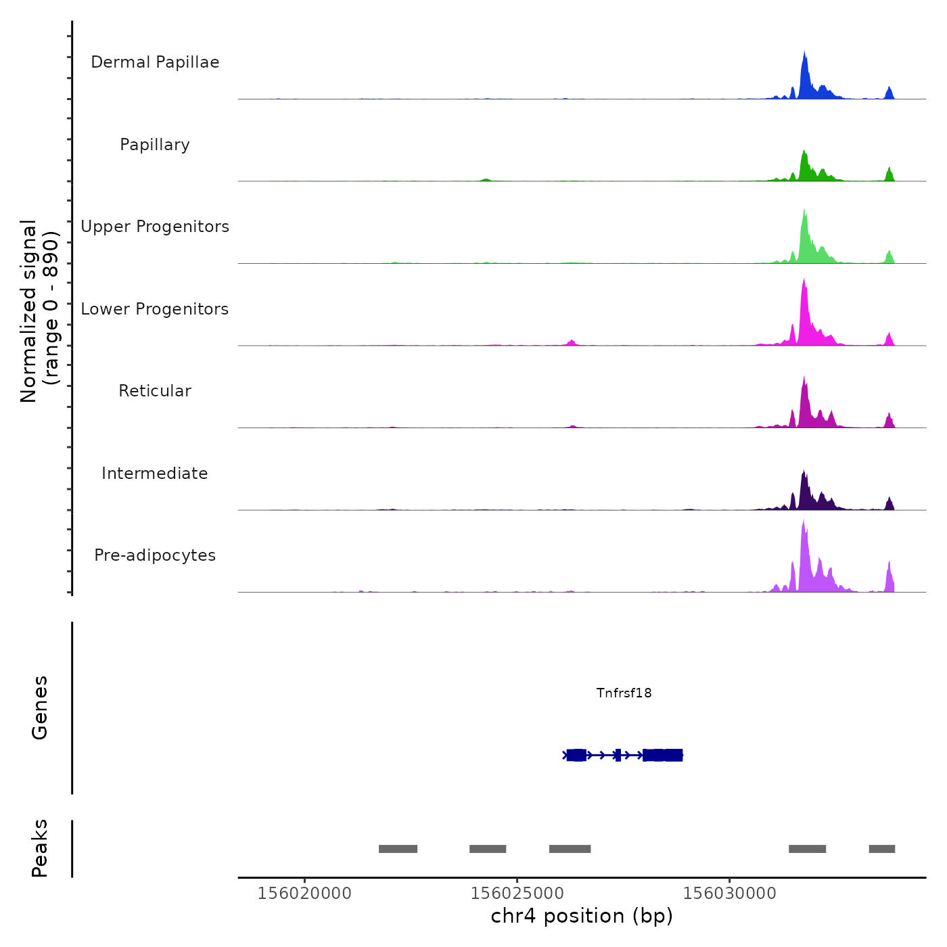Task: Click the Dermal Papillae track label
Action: (155, 62)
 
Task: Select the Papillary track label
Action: (155, 145)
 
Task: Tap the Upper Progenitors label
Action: (155, 227)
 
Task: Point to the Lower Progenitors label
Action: (155, 309)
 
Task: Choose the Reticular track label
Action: (155, 391)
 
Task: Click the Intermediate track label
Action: (155, 473)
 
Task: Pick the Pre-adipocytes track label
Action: (155, 555)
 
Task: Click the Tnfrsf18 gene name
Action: (624, 693)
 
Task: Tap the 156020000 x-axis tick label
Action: (304, 894)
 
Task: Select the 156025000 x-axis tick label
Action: (517, 894)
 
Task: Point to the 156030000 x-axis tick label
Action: (729, 894)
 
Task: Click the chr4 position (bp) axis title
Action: (582, 916)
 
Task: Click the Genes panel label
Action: (40, 708)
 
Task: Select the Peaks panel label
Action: (40, 848)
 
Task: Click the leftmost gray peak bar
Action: (398, 849)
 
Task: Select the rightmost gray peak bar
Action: (882, 849)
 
